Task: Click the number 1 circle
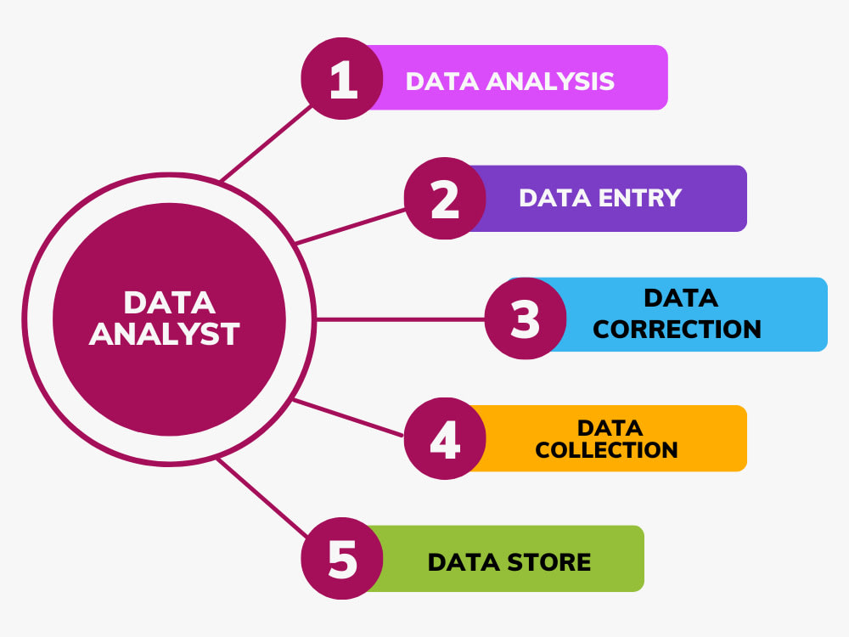pyautogui.click(x=342, y=78)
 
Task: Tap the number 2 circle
pyautogui.click(x=445, y=198)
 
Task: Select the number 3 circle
pyautogui.click(x=526, y=318)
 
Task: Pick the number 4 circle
pyautogui.click(x=445, y=438)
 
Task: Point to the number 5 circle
pyautogui.click(x=342, y=559)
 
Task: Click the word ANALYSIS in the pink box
pyautogui.click(x=550, y=82)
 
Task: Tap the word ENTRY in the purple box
pyautogui.click(x=640, y=198)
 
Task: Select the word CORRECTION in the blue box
pyautogui.click(x=677, y=329)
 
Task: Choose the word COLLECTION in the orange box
pyautogui.click(x=606, y=449)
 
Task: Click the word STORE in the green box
pyautogui.click(x=549, y=562)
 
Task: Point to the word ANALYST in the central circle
pyautogui.click(x=164, y=334)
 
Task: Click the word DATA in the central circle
pyautogui.click(x=170, y=302)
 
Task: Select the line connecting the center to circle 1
pyautogui.click(x=266, y=143)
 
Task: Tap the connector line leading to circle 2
pyautogui.click(x=351, y=227)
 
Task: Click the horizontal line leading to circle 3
pyautogui.click(x=400, y=319)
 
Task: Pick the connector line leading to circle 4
pyautogui.click(x=347, y=418)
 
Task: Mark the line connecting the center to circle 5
pyautogui.click(x=262, y=498)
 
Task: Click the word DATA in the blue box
pyautogui.click(x=681, y=298)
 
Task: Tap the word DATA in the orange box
pyautogui.click(x=610, y=428)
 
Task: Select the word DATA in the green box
pyautogui.click(x=464, y=562)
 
